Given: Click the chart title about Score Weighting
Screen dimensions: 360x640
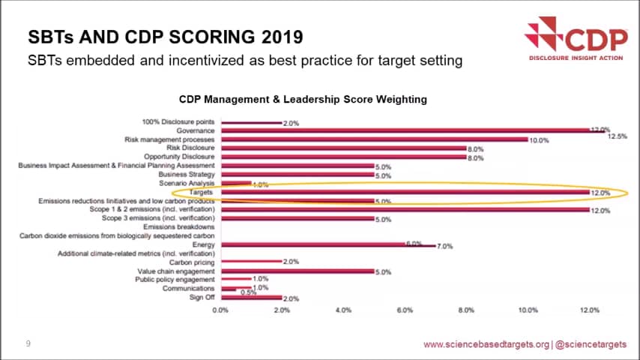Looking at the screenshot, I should pos(303,99).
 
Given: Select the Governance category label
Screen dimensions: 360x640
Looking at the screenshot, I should pos(196,130).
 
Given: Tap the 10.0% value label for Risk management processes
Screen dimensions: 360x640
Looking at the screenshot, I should pos(540,140).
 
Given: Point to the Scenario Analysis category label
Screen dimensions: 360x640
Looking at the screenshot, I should pos(187,184).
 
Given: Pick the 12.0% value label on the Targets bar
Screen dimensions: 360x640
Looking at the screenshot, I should pos(600,193).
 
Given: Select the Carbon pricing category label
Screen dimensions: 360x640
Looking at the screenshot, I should pos(192,262).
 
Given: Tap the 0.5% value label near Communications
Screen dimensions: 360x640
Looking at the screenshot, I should pos(249,293).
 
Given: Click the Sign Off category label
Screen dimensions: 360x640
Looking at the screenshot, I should pos(201,298).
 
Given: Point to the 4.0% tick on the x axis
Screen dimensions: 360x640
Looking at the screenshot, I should pos(343,310).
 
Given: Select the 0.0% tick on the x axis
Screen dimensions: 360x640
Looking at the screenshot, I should pos(220,310).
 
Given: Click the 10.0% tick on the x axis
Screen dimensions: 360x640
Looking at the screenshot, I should pos(528,310).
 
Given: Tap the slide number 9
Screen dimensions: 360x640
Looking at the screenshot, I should pos(28,344).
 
